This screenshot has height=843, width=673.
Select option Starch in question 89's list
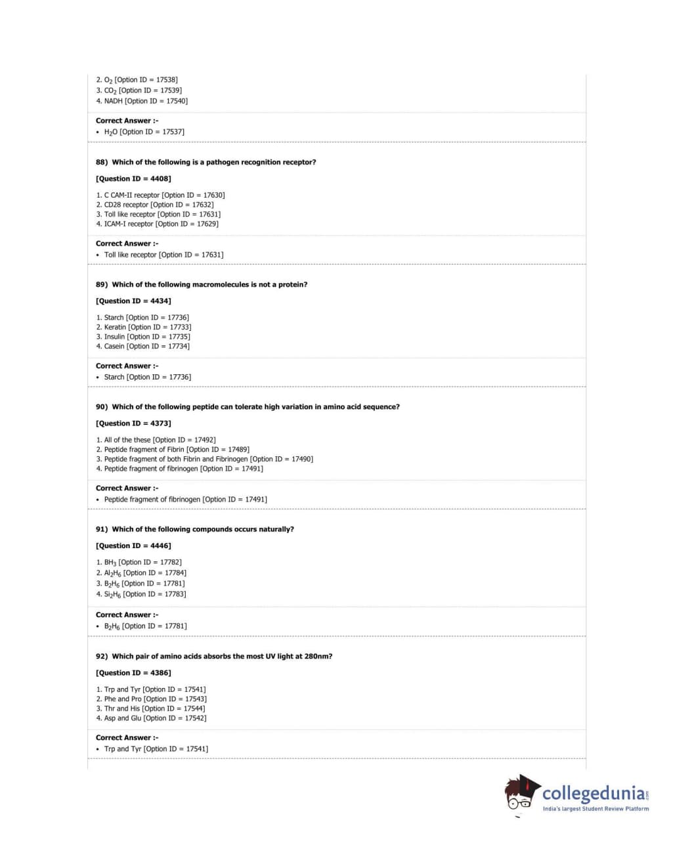pyautogui.click(x=142, y=318)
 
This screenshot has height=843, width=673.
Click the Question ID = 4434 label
pyautogui.click(x=133, y=301)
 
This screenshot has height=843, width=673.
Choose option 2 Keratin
pyautogui.click(x=144, y=327)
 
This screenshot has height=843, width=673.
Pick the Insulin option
pyautogui.click(x=143, y=337)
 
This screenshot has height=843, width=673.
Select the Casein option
pyautogui.click(x=142, y=347)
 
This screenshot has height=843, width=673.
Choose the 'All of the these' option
pyautogui.click(x=156, y=440)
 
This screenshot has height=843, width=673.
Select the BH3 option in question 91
pyautogui.click(x=139, y=563)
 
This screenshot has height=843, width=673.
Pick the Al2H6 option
pyautogui.click(x=141, y=573)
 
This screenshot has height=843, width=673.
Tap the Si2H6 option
pyautogui.click(x=141, y=594)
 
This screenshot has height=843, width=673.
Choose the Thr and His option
pyautogui.click(x=150, y=708)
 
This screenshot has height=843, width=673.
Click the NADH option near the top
pyautogui.click(x=142, y=101)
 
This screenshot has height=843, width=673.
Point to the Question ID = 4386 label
pyautogui.click(x=133, y=673)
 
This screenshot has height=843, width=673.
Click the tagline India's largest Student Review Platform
pyautogui.click(x=596, y=809)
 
